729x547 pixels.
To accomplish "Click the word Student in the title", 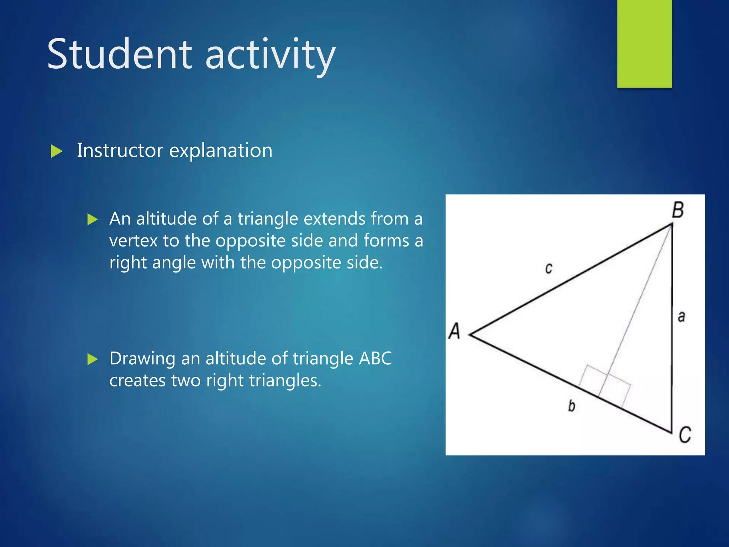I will pos(120,54).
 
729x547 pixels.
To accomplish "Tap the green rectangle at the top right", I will pos(644,43).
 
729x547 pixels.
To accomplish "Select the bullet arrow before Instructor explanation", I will pos(57,151).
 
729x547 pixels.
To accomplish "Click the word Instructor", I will pos(120,150).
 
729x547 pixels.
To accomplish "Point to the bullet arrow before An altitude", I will pos(93,219).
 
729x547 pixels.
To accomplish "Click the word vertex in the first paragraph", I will pos(133,241).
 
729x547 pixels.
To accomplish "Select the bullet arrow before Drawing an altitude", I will pos(93,359).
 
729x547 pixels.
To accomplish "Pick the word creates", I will pos(137,381).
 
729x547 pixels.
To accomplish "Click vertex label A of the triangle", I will pos(454,331).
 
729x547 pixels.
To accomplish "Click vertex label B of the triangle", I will pos(678,210).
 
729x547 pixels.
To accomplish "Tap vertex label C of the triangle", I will pos(685,435).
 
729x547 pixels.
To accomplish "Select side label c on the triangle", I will pos(549,268).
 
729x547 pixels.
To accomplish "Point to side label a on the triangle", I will pos(681,316).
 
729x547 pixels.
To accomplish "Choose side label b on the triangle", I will pos(571,406).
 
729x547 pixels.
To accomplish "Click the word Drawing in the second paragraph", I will pos(142,359).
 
